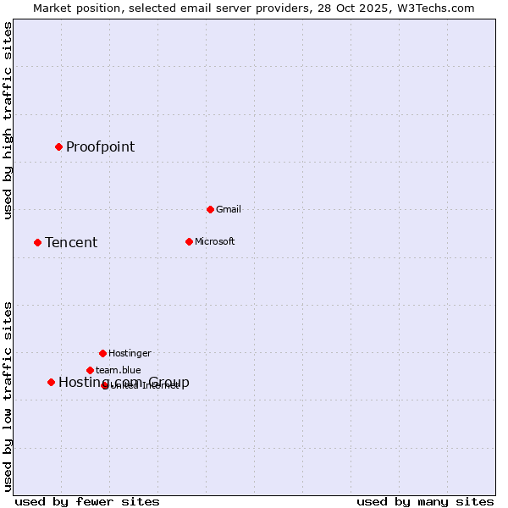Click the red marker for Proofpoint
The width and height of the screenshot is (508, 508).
[x=58, y=146]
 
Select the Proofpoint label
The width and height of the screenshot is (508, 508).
[x=100, y=146]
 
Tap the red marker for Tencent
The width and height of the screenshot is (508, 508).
[x=37, y=242]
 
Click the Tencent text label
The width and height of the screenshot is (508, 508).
[x=71, y=243]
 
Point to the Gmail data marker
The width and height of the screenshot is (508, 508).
[x=210, y=209]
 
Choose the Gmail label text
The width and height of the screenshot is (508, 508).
[x=229, y=210]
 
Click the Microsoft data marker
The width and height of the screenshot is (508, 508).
[x=189, y=241]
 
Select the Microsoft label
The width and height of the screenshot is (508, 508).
[x=215, y=242]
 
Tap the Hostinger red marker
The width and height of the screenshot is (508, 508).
[x=102, y=353]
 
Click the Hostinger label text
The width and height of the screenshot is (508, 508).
[x=130, y=354]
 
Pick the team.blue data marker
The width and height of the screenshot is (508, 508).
[x=90, y=370]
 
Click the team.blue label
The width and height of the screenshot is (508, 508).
[x=118, y=371]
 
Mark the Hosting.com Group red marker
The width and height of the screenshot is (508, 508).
[x=51, y=382]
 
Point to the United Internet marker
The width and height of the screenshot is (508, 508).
[x=105, y=385]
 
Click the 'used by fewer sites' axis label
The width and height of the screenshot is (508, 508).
[x=87, y=501]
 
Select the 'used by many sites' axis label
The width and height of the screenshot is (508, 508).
[x=425, y=501]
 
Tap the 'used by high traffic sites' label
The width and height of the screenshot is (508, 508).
[x=8, y=120]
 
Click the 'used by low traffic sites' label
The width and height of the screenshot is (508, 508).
[x=8, y=395]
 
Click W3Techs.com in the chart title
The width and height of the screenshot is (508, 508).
[x=437, y=8]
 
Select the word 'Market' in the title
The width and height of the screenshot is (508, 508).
[x=52, y=8]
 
